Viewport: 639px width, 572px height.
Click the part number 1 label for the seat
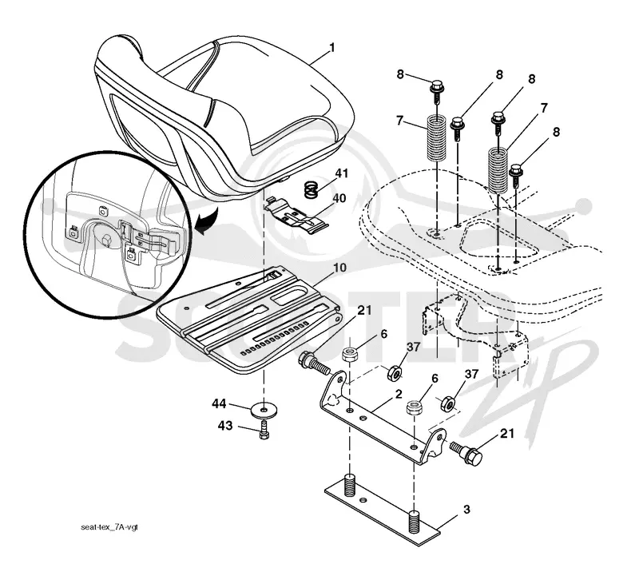tap(331, 48)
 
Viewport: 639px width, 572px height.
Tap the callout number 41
tap(342, 173)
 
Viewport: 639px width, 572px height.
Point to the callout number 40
tap(339, 198)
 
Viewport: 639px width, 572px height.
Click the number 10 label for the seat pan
tap(339, 268)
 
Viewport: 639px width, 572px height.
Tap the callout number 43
tap(225, 426)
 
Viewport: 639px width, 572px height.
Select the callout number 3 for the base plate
tap(466, 509)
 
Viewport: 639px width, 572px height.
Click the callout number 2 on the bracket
tap(399, 394)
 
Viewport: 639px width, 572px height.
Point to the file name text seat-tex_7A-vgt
tap(109, 527)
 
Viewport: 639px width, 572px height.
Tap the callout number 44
tap(219, 404)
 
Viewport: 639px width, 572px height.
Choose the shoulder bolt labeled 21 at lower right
tap(466, 452)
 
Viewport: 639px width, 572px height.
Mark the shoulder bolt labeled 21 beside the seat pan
tap(314, 363)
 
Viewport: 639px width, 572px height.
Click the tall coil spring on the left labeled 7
tap(437, 137)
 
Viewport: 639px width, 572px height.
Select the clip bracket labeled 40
tap(296, 216)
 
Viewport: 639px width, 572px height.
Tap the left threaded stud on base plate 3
tap(350, 485)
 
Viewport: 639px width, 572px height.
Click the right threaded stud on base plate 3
tap(414, 520)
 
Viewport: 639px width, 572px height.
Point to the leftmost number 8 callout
tap(400, 74)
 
